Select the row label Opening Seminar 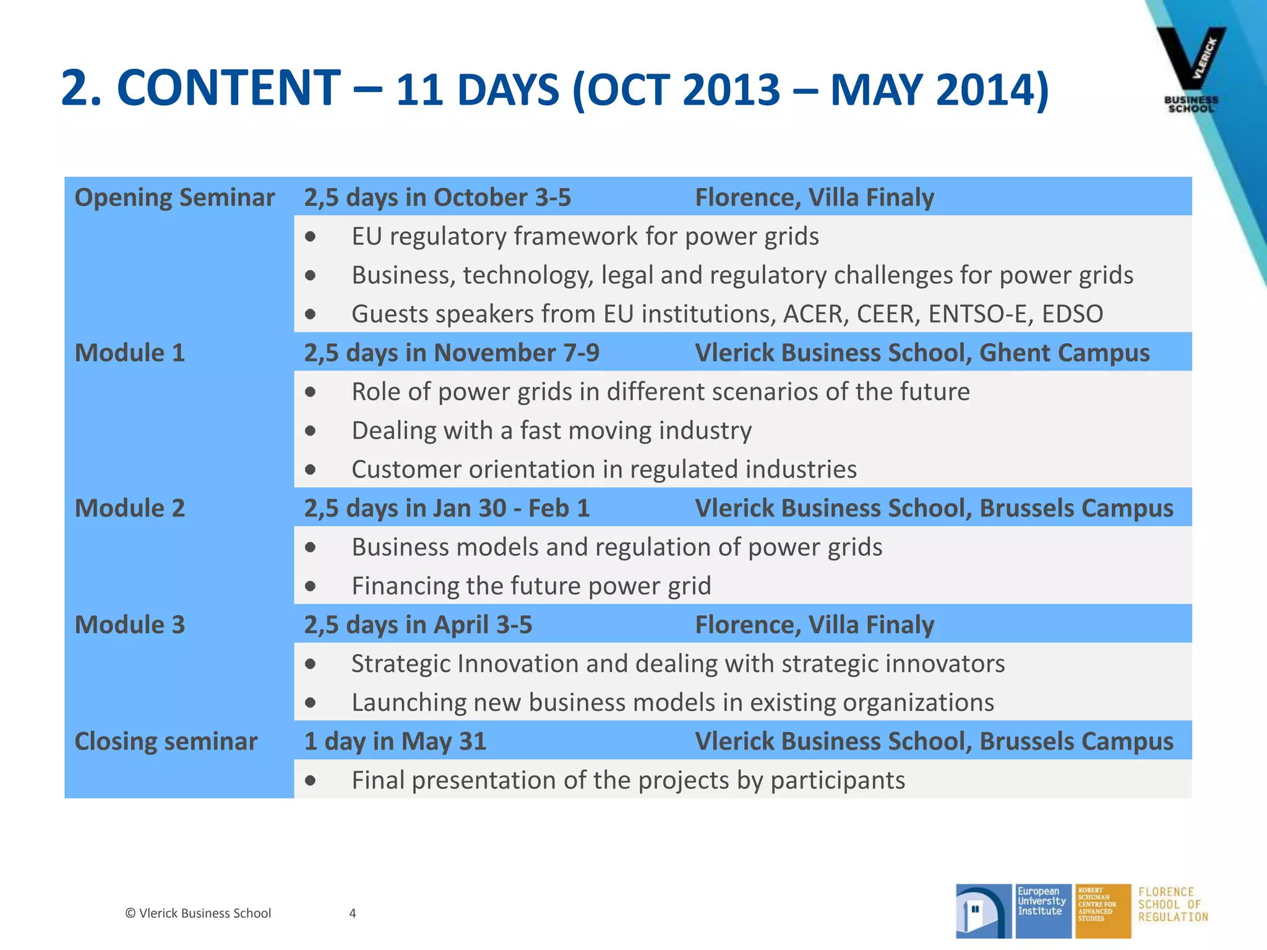pos(174,197)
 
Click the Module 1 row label pos(130,353)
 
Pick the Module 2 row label pos(130,508)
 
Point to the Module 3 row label pos(130,625)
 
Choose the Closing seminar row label pos(166,741)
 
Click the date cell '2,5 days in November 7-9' pos(452,353)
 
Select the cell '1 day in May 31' pos(395,741)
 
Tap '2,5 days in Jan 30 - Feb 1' pos(447,508)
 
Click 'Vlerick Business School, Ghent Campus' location pos(922,353)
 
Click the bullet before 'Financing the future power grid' pos(311,586)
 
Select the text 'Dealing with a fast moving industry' pos(551,430)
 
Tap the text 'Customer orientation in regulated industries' pos(604,469)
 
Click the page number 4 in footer pos(353,913)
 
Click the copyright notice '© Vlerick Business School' pos(198,913)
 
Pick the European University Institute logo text pos(1042,901)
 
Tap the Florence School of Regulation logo pos(1172,904)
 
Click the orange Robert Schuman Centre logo pos(1102,910)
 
